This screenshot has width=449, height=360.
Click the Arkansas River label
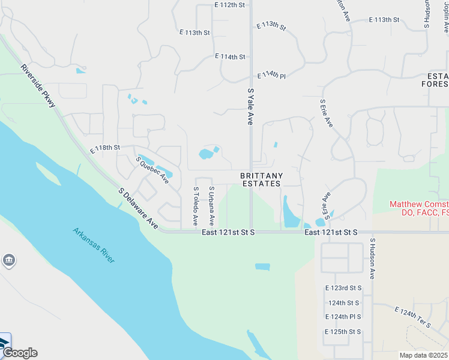94,244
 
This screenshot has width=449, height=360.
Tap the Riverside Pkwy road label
38,86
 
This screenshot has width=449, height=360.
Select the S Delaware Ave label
138,208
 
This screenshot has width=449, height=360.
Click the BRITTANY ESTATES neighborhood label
261,179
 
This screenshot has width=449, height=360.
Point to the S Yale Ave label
250,106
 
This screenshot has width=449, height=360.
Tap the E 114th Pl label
272,75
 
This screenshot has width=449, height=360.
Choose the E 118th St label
105,148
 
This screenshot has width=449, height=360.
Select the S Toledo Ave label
196,206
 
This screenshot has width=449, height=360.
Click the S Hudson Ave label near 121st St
372,259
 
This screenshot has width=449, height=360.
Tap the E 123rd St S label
343,288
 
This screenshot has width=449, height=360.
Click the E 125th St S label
343,332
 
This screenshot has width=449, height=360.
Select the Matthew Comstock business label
418,208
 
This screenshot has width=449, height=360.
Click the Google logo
19,353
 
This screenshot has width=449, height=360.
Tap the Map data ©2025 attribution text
423,355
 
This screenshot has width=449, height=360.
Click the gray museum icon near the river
9,260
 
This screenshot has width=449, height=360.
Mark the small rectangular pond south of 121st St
262,266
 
